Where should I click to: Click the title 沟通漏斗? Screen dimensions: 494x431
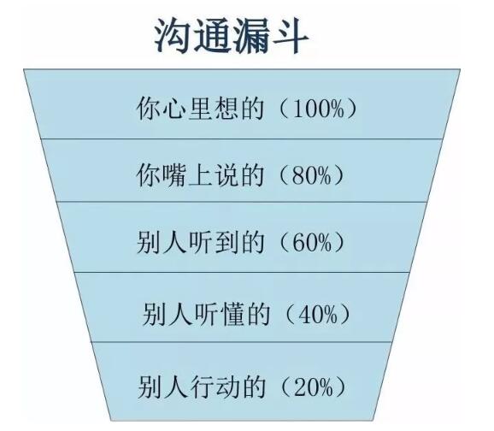click(232, 36)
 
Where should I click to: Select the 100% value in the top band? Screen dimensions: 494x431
click(318, 109)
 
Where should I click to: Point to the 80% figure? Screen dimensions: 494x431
click(312, 175)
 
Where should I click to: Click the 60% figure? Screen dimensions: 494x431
click(312, 243)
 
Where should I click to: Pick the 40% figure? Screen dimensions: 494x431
click(318, 315)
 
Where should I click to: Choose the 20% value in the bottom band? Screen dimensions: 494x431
click(313, 387)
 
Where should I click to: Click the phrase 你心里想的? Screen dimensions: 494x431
click(200, 109)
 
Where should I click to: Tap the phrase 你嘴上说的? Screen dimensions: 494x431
click(200, 175)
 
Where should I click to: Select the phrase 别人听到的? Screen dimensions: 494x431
click(200, 242)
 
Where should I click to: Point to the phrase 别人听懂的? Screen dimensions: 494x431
click(206, 314)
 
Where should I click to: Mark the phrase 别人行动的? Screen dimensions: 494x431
click(201, 387)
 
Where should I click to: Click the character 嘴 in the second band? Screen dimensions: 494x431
click(174, 175)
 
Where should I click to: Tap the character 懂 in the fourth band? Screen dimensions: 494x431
click(232, 314)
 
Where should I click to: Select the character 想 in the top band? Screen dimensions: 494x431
click(226, 109)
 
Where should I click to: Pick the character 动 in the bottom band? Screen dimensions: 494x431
click(226, 387)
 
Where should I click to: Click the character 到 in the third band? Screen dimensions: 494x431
click(226, 242)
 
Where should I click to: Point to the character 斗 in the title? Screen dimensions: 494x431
click(290, 36)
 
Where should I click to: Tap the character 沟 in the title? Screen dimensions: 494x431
click(173, 36)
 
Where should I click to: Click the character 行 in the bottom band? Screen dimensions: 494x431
click(201, 387)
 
